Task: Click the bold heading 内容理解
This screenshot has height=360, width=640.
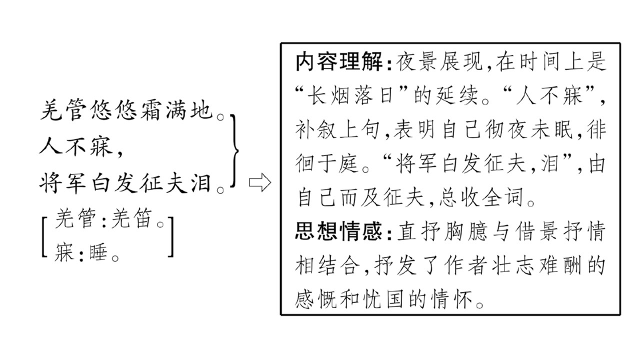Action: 339,61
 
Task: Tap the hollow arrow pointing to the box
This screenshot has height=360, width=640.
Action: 260,182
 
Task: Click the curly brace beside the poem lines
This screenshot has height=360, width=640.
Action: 235,151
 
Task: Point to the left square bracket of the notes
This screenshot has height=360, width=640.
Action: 44,237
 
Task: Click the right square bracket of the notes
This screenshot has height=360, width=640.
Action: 170,237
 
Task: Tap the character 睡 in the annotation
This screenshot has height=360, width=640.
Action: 98,252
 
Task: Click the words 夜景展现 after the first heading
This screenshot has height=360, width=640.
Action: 439,61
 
